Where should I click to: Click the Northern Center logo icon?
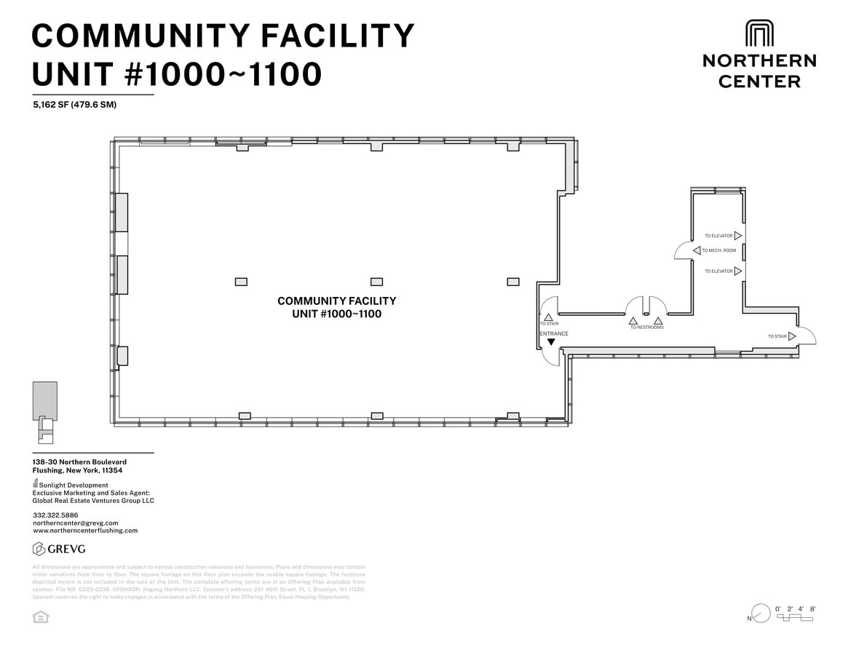coord(759,34)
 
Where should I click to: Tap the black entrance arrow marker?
coord(551,342)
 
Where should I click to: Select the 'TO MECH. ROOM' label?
coord(718,250)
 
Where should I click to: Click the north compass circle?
coord(761,614)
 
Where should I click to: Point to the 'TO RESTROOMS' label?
coord(646,327)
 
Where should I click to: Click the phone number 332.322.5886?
coord(55,515)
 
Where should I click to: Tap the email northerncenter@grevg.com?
coord(75,523)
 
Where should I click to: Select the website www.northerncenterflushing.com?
coord(85,531)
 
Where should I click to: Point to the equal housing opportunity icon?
coord(41,617)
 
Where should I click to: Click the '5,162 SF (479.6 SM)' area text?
coord(74,105)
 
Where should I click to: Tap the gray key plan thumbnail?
coord(44,410)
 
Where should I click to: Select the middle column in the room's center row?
coord(376,282)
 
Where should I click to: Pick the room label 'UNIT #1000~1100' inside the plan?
coord(336,314)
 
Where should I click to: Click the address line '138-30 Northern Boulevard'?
coord(79,462)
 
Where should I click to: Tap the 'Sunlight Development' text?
coord(74,485)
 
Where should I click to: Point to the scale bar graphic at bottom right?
coord(794,618)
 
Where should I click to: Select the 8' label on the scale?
coord(812,608)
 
